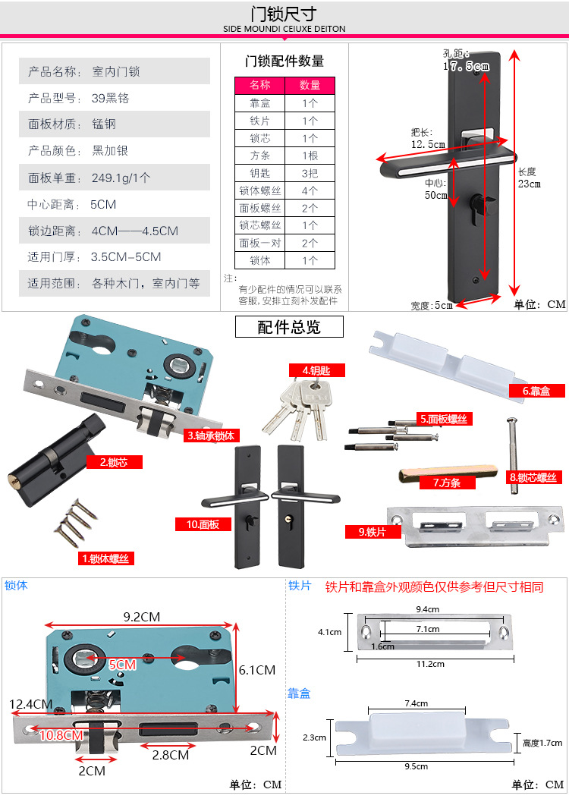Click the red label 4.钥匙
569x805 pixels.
(x=316, y=370)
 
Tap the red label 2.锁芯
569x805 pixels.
(x=114, y=462)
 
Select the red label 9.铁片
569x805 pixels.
(x=373, y=532)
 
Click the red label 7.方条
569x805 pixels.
(x=447, y=483)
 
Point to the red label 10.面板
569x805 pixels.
(x=203, y=524)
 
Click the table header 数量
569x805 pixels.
(x=310, y=85)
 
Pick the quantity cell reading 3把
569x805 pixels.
(x=310, y=173)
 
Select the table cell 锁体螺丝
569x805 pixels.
(x=260, y=191)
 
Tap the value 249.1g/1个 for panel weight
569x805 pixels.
(x=121, y=178)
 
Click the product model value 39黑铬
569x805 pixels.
(x=111, y=98)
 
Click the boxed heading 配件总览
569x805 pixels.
(x=289, y=326)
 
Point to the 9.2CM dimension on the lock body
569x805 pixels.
(x=142, y=617)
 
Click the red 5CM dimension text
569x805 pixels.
(x=122, y=665)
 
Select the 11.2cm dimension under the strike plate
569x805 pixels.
(x=430, y=664)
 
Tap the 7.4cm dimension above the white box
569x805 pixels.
(x=416, y=703)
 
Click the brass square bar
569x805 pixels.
(x=448, y=473)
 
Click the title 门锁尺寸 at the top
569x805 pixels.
(x=284, y=14)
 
